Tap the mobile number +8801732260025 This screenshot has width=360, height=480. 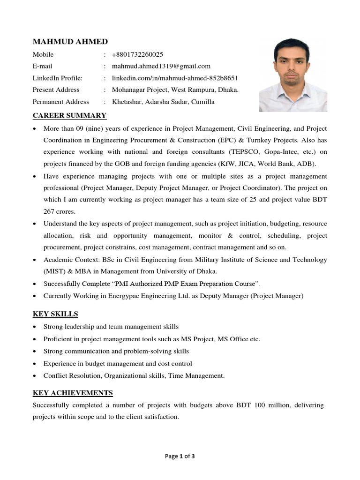[x=137, y=54]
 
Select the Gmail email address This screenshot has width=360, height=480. [x=161, y=66]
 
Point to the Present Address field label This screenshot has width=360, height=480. [x=56, y=90]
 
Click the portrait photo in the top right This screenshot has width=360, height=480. [x=293, y=75]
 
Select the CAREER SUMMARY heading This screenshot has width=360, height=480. [x=69, y=115]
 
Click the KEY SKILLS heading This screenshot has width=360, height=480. [x=55, y=314]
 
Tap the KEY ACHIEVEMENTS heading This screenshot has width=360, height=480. [x=73, y=392]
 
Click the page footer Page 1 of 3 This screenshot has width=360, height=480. [x=180, y=456]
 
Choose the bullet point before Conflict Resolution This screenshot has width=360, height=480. [x=35, y=376]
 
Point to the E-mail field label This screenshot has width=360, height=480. [x=42, y=66]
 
